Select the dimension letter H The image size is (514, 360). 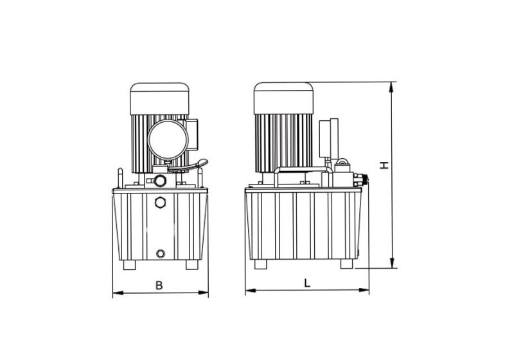tap(384, 165)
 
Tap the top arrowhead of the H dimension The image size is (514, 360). tap(391, 85)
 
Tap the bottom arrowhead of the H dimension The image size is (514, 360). tap(391, 264)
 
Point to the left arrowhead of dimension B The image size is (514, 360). tap(116, 294)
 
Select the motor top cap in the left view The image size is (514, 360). tap(159, 98)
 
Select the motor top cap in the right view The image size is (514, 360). tap(283, 97)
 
